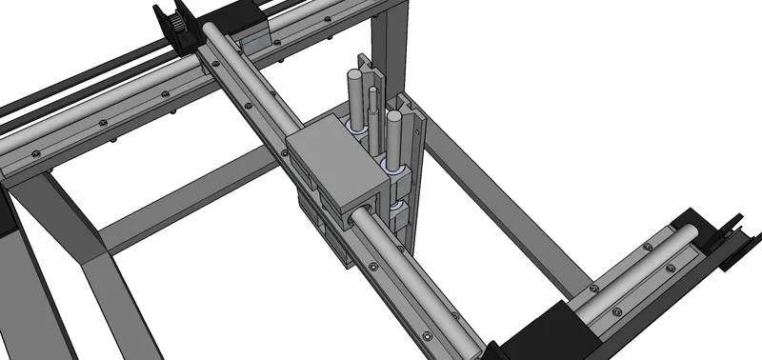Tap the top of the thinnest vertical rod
[372, 92]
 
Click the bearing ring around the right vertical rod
[391, 168]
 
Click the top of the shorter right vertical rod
[391, 117]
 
